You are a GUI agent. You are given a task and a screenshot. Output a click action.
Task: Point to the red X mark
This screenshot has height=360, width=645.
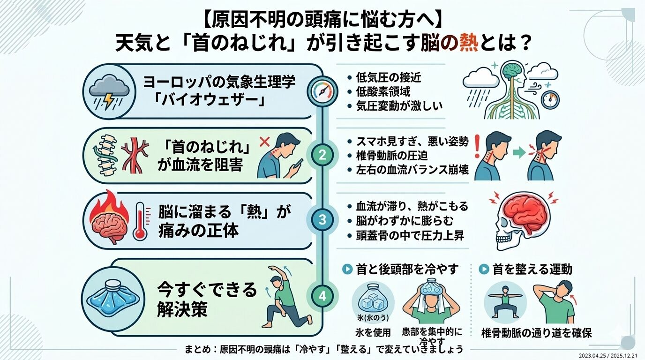[x=263, y=140]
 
